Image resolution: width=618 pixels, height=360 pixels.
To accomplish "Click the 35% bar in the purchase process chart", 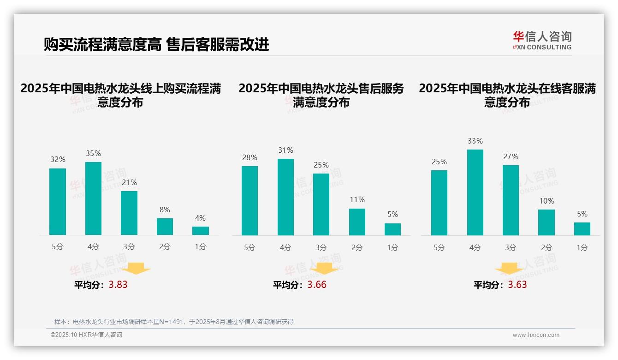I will coord(93,198).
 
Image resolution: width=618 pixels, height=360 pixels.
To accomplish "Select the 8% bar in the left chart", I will coord(165,227).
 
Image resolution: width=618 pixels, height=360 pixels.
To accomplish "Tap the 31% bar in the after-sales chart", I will coord(285,197).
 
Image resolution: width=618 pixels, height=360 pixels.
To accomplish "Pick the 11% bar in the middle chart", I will coord(357,222).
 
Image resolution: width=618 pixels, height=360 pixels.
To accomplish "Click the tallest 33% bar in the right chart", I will coord(475,192).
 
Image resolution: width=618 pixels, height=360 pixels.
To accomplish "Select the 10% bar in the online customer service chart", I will coord(547,222).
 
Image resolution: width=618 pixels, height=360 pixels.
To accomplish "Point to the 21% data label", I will coord(129,183).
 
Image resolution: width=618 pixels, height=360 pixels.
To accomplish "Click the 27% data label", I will coord(511,157).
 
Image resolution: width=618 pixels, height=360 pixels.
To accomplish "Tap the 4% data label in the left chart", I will coord(200,218).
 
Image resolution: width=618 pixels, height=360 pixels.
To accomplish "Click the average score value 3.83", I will coord(118,285).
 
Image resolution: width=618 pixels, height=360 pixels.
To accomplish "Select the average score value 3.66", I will coord(317,285).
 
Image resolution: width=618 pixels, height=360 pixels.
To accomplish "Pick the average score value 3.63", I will coord(517,285).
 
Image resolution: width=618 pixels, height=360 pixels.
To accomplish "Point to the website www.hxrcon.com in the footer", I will coord(536,335).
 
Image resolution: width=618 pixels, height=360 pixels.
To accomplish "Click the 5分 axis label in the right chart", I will coord(439,248).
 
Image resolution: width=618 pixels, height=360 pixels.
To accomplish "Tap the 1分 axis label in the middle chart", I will coord(392,248).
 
